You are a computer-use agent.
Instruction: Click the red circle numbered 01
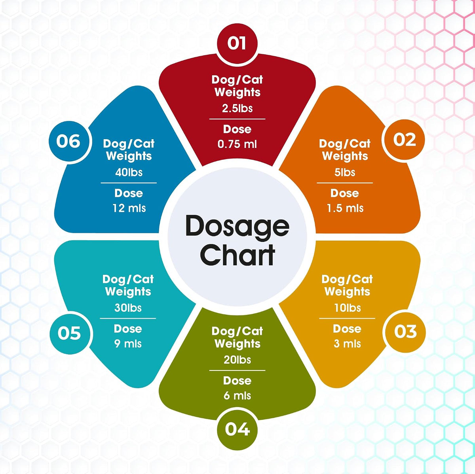237,44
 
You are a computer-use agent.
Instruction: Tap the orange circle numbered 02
403,140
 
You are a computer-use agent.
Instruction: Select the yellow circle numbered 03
405,331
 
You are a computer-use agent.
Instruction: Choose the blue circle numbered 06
68,141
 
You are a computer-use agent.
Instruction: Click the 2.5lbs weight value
237,109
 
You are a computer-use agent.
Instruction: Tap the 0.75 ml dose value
237,144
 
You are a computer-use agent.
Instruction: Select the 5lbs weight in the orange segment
345,172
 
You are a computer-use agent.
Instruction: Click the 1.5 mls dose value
345,208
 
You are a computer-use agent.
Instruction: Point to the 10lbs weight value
347,308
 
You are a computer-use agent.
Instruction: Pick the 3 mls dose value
347,344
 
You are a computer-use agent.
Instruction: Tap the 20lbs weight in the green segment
237,360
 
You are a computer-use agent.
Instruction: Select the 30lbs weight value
128,308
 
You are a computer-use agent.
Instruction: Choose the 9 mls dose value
128,344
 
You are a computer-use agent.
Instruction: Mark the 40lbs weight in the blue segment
129,172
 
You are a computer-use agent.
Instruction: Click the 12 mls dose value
129,208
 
